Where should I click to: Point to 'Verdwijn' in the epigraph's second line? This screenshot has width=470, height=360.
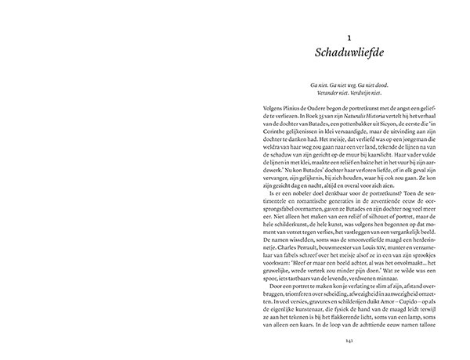coord(367,101)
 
